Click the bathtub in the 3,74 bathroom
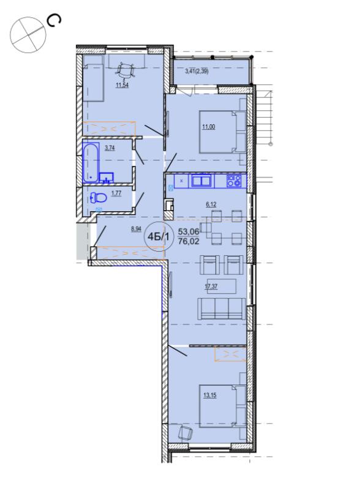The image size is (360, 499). [91, 163]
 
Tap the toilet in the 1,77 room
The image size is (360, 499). [99, 198]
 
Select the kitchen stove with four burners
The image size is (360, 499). [234, 181]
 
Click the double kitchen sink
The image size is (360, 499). [201, 181]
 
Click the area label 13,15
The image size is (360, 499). [210, 396]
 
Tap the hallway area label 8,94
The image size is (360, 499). [137, 229]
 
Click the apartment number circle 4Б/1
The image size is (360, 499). [159, 236]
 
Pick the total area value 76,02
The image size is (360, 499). [189, 241]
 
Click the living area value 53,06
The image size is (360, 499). [189, 231]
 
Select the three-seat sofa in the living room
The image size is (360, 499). [222, 309]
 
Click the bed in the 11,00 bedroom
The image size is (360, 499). [222, 132]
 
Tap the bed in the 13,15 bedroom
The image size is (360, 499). [222, 406]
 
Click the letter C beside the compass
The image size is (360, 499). [53, 21]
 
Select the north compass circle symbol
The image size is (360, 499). [28, 35]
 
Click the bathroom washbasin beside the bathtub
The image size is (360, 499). [107, 178]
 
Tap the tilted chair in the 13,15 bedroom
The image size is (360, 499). [186, 433]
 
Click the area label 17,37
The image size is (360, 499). [211, 287]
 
